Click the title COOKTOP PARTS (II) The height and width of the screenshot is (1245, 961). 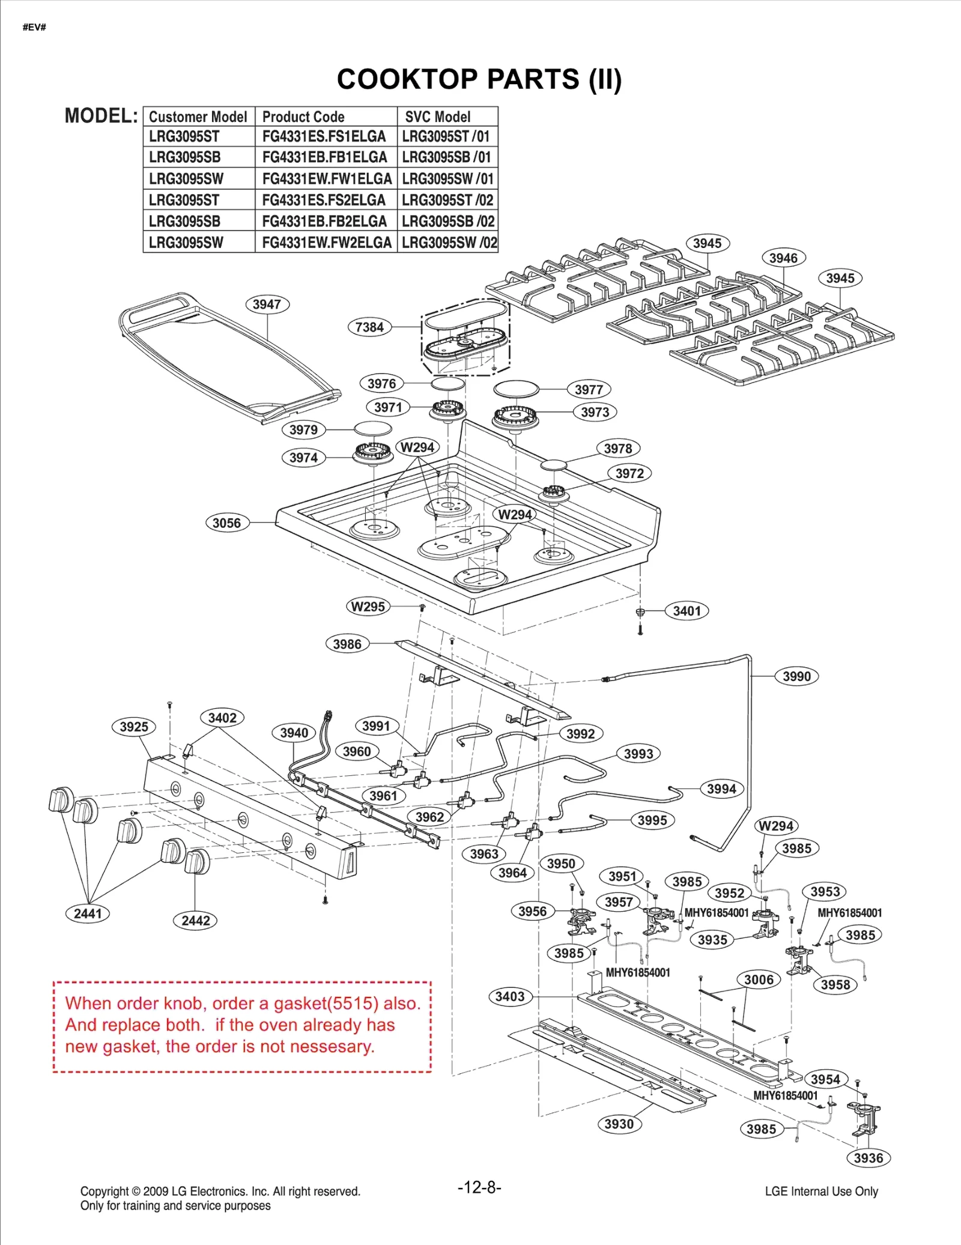pyautogui.click(x=479, y=79)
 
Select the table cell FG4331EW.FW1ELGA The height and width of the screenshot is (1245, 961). pyautogui.click(x=326, y=179)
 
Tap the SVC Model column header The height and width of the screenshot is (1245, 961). pyautogui.click(x=438, y=117)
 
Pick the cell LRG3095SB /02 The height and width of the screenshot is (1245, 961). pyautogui.click(x=448, y=222)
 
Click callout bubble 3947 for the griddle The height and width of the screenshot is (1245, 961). pyautogui.click(x=267, y=304)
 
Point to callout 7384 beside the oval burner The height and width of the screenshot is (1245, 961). pyautogui.click(x=369, y=327)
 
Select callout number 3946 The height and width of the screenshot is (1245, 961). pyautogui.click(x=783, y=258)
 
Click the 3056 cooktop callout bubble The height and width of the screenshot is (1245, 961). pyautogui.click(x=226, y=523)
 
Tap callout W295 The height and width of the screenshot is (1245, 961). pyautogui.click(x=368, y=607)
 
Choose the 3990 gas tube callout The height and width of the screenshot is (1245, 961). pyautogui.click(x=796, y=676)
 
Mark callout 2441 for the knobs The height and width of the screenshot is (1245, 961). pyautogui.click(x=88, y=913)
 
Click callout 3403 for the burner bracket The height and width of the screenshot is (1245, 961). pyautogui.click(x=510, y=996)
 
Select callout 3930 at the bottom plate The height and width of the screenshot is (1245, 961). pyautogui.click(x=619, y=1124)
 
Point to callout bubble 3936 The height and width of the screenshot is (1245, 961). pyautogui.click(x=869, y=1158)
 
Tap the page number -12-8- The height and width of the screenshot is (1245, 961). pyautogui.click(x=479, y=1187)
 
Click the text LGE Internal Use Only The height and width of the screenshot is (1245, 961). pyautogui.click(x=821, y=1191)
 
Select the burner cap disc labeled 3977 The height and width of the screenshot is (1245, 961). pyautogui.click(x=516, y=389)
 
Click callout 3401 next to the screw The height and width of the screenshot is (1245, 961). pyautogui.click(x=687, y=611)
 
